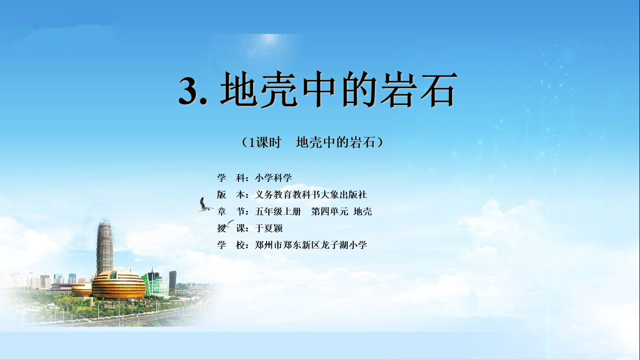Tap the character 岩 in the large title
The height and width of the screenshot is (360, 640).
coord(397,89)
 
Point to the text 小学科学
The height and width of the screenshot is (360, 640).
coord(273,178)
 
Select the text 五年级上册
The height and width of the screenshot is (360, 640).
coord(278,211)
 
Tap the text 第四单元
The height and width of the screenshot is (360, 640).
coord(329,211)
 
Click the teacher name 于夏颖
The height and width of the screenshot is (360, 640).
coord(268,228)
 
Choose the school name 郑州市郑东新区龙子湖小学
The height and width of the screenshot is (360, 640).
coord(311,245)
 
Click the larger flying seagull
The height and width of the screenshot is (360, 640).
coord(205,205)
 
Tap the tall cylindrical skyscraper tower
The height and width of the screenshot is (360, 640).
coord(104,247)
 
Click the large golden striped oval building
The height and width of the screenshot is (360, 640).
coord(119,285)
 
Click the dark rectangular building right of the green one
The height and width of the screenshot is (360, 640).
coord(172,280)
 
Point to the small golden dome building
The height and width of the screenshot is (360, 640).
coord(82,289)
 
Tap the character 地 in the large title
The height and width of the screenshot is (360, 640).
coord(238,89)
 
